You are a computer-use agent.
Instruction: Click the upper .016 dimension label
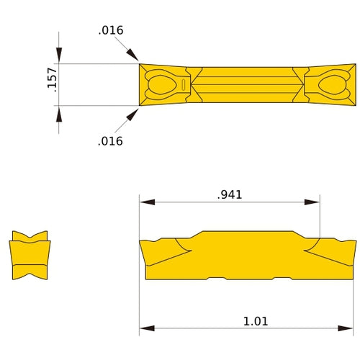point(111,30)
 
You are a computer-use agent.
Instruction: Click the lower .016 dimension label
point(110,141)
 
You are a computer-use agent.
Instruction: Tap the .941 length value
point(230,194)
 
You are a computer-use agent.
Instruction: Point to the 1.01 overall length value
point(256,321)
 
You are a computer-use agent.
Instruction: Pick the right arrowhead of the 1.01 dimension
point(350,329)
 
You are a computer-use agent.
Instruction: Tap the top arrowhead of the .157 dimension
point(59,57)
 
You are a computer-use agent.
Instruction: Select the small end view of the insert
point(30,255)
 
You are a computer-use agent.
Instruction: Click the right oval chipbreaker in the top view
point(333,85)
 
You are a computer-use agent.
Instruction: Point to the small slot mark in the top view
point(184,85)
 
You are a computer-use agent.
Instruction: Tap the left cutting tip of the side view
point(141,243)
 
